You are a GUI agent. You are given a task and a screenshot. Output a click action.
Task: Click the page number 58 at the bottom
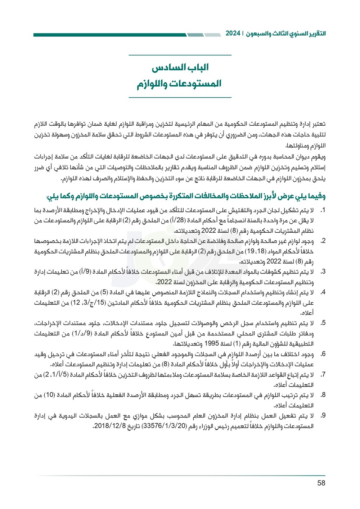click(321, 483)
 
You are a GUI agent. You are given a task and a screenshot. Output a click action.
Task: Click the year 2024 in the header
click(233, 34)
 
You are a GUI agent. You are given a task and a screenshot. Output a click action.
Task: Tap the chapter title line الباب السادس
click(180, 67)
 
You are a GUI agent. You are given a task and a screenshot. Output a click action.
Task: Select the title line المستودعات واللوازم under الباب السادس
click(179, 84)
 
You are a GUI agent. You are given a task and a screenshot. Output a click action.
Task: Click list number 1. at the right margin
click(323, 210)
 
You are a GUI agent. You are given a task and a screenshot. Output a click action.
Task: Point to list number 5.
click(323, 323)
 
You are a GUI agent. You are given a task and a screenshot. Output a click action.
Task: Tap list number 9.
click(323, 415)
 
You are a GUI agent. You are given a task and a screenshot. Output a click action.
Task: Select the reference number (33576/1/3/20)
click(165, 426)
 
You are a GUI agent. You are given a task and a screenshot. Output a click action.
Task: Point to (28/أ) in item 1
click(181, 220)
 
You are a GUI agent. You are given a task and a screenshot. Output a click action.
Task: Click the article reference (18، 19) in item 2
click(255, 251)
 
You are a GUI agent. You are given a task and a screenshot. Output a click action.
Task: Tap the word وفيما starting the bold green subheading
click(315, 196)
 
